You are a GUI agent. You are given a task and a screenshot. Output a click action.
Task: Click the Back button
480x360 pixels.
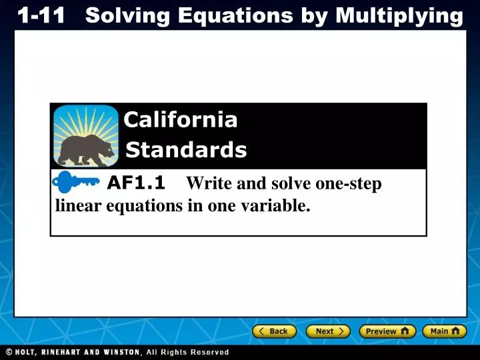pos(274,331)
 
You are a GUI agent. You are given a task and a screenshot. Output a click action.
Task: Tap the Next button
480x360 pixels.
pos(328,331)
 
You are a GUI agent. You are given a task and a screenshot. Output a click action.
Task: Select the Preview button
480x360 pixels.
pos(387,331)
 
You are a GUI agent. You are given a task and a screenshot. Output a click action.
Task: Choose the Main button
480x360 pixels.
pos(444,331)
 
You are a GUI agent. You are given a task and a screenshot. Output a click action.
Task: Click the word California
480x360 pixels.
pos(181,120)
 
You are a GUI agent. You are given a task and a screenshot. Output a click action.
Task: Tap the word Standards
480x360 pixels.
pos(186,151)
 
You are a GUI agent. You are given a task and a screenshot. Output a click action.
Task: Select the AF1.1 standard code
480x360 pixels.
pos(136,182)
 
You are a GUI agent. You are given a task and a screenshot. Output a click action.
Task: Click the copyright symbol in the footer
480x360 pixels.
pos(9,352)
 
